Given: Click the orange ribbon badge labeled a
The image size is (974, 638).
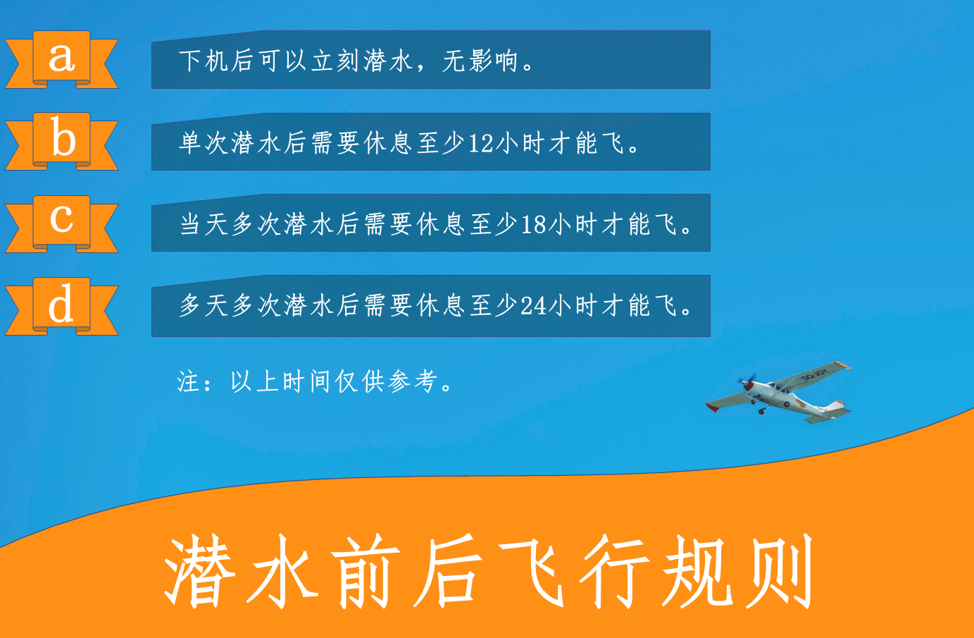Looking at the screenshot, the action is point(61,60).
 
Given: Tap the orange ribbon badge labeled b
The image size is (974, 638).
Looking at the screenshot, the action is point(61,141).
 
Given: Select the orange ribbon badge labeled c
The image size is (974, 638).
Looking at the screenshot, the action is point(61,223).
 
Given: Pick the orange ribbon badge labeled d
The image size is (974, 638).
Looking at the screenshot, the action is point(61,306).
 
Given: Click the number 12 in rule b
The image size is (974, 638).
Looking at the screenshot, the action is point(481,143).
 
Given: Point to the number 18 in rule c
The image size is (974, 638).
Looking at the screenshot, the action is point(534,225).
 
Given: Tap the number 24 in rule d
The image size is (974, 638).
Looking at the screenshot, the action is point(534,305).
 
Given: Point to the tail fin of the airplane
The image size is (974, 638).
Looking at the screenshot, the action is point(837,405).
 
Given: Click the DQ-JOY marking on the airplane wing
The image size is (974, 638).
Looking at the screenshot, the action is point(814,374).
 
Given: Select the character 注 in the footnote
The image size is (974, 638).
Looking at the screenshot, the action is point(188,381).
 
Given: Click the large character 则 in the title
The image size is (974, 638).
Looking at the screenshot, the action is point(779,571).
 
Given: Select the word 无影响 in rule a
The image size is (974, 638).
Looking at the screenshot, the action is point(480,61).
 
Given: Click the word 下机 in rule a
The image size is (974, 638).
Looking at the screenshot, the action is point(204,61).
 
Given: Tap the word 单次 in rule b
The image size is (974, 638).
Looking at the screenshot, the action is point(204,142).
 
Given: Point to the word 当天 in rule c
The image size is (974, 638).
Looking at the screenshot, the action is point(204,224).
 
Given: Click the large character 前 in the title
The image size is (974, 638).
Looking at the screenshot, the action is point(366,571).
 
